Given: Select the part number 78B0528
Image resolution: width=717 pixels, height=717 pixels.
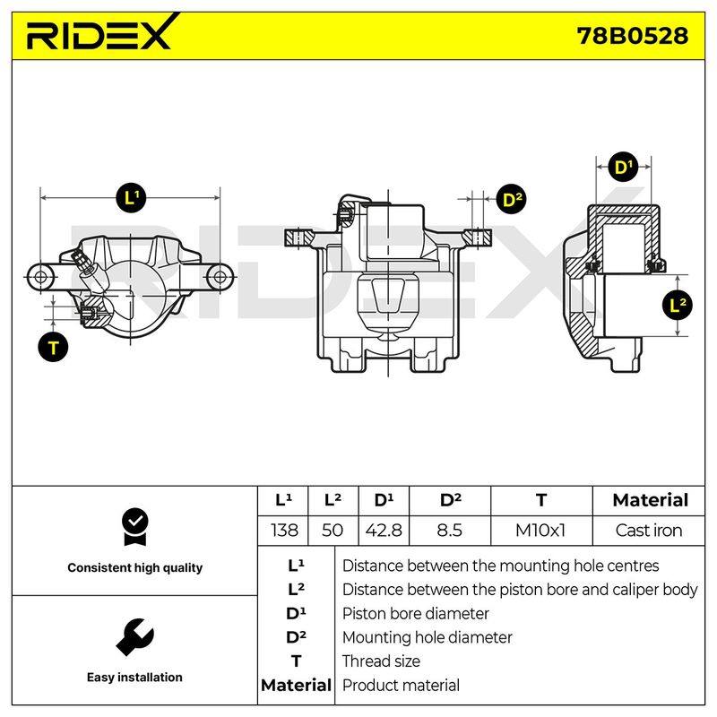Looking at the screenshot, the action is [633, 36].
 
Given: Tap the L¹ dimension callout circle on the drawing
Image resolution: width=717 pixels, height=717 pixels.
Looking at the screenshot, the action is [131, 198].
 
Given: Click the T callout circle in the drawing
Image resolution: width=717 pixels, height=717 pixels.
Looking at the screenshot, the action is [53, 347].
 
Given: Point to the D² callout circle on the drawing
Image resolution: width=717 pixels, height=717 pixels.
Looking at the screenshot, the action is [511, 199].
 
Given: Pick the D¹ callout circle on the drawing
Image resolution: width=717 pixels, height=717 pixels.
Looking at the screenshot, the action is [624, 167].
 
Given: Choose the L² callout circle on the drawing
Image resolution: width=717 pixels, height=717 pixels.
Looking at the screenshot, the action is [677, 305].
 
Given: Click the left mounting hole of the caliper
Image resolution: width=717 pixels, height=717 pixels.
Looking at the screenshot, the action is [40, 277].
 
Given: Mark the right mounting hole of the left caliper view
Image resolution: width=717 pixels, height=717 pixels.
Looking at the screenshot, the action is [220, 277].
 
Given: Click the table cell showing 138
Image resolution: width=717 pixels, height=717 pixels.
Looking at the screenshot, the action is [284, 531].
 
